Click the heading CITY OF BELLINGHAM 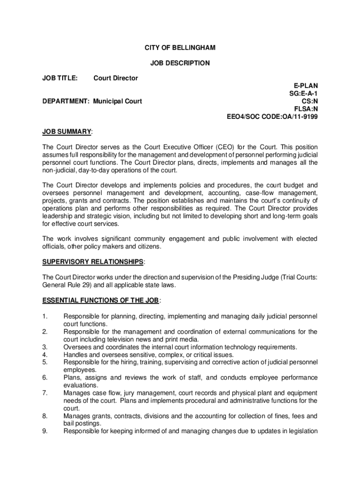coord(180,48)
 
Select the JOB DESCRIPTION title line coord(180,63)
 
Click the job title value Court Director coord(115,78)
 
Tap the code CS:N coord(309,101)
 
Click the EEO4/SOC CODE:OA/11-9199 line coord(272,116)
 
